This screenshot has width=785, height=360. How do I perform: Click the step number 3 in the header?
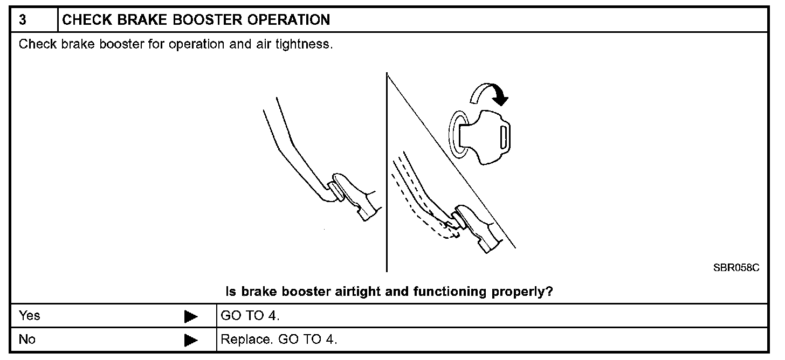click(x=23, y=20)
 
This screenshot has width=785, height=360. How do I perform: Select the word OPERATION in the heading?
click(x=288, y=20)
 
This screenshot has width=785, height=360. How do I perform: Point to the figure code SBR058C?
click(x=736, y=268)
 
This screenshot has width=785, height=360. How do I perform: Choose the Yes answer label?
click(x=29, y=316)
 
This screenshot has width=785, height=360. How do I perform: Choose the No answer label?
click(x=27, y=340)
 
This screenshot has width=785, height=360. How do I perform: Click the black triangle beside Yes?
click(x=191, y=316)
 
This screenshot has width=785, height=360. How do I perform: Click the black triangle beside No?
click(x=191, y=341)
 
